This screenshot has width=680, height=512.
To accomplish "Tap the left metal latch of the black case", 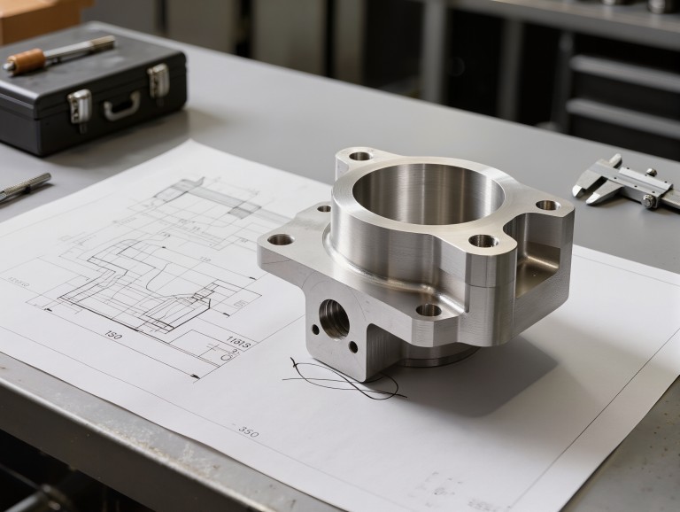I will tap(80, 105).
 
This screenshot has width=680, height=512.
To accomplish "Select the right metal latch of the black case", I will tap(158, 81).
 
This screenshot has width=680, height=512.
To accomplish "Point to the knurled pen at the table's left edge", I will tap(24, 187).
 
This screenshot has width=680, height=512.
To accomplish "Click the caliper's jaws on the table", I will tap(591, 182).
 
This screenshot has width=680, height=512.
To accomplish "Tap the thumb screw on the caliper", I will tap(651, 201).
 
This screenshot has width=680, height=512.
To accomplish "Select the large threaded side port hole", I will tap(334, 318).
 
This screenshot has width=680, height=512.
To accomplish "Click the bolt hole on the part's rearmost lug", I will tap(360, 157).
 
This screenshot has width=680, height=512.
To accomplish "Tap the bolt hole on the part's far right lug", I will tap(547, 206).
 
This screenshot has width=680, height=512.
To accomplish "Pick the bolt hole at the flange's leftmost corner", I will tap(281, 239).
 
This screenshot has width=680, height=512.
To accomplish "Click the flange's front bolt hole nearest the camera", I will tap(429, 310).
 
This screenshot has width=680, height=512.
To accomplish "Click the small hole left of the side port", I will tap(315, 330).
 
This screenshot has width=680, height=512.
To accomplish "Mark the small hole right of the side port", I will tap(354, 346).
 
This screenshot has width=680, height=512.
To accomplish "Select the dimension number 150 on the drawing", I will tap(113, 335).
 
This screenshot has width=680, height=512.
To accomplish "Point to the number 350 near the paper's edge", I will tap(248, 431).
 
